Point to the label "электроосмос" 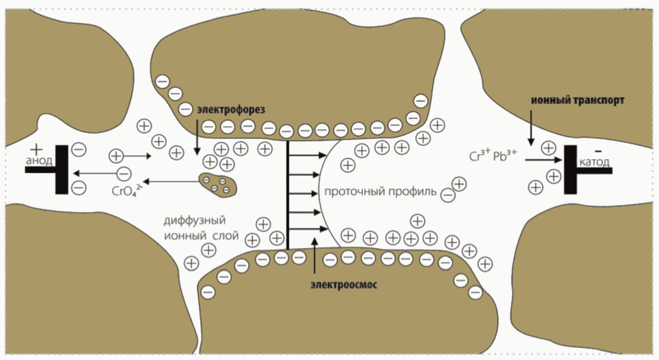click(344, 285)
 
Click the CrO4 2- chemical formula click(127, 191)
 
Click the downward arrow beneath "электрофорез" click(197, 135)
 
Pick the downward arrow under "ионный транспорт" click(530, 129)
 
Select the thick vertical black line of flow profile click(288, 195)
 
